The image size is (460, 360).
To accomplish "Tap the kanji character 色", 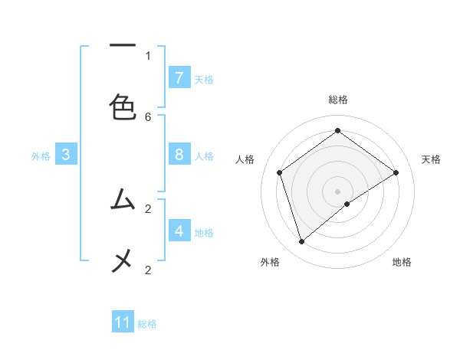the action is click(123, 106).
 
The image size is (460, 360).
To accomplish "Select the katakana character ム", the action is click(123, 200).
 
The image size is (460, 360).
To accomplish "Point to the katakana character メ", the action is click(123, 261).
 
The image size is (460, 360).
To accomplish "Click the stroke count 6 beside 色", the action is click(148, 116).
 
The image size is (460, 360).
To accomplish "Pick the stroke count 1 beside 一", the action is click(148, 55).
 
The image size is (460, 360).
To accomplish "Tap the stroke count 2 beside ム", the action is click(148, 208).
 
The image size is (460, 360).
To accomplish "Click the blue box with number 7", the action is click(179, 77).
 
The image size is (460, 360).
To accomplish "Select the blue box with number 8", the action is click(179, 155).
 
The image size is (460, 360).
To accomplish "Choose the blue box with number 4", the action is click(179, 231).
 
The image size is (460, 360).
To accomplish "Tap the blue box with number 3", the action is click(66, 155).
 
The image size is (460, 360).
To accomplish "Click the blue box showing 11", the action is click(123, 322).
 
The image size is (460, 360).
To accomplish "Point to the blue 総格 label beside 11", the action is click(147, 324).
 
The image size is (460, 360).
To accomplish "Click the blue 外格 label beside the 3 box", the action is click(41, 156).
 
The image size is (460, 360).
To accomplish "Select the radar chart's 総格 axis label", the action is click(338, 100).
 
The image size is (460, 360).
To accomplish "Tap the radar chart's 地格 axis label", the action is click(402, 262).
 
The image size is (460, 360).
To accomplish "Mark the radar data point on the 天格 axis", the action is click(396, 172).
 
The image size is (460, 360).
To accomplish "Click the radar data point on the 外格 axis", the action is click(302, 242).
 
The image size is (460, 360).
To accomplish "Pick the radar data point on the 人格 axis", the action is click(280, 172).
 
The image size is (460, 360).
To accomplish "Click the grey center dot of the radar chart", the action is click(338, 191).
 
